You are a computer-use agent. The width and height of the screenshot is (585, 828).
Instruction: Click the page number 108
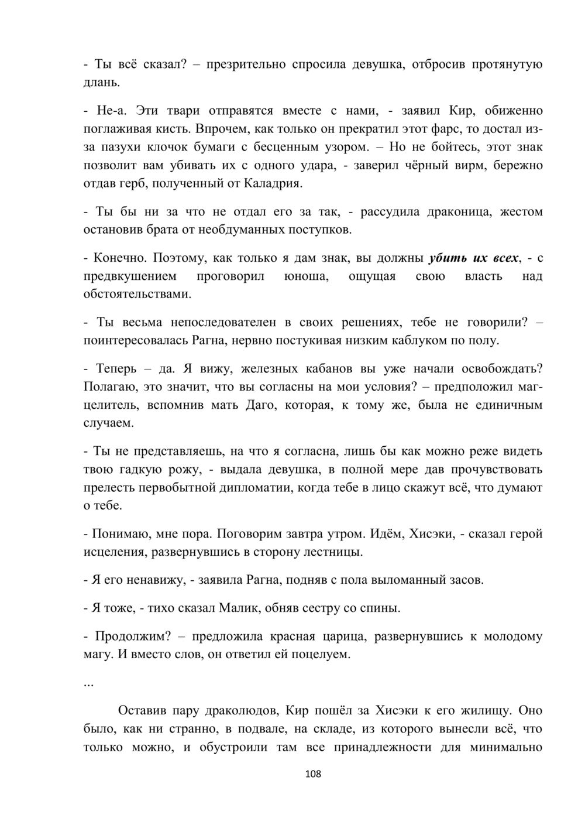pyautogui.click(x=314, y=774)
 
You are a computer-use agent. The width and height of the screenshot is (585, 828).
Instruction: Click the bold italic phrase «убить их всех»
pyautogui.click(x=474, y=258)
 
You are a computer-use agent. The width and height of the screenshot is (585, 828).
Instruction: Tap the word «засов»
pyautogui.click(x=466, y=580)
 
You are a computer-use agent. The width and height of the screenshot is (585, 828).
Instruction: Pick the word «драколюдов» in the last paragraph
pyautogui.click(x=242, y=711)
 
